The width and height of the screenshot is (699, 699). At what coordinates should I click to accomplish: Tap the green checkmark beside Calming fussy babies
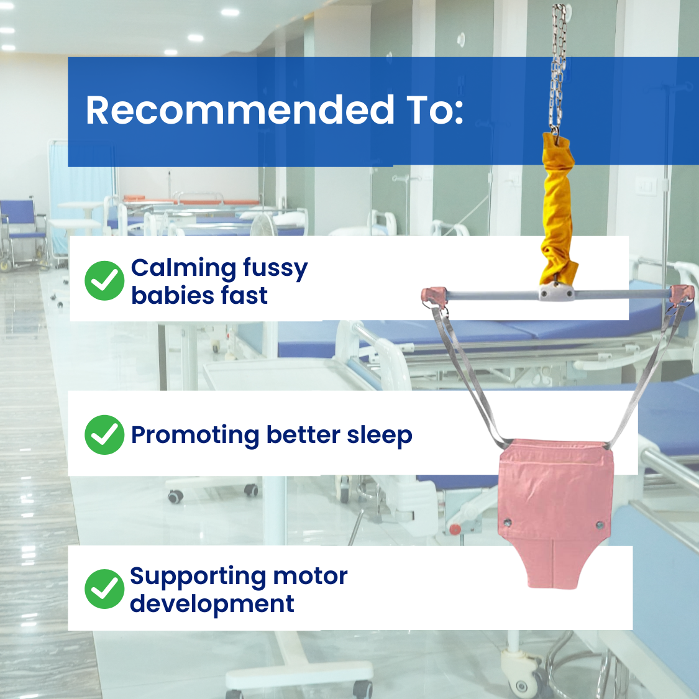(104, 280)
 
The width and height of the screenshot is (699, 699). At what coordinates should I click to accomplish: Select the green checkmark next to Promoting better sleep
(104, 435)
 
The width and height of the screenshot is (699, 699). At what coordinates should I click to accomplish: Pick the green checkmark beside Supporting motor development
(104, 589)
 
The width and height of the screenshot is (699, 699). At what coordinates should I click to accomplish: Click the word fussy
(275, 269)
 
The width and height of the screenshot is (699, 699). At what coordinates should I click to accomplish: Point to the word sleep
(380, 436)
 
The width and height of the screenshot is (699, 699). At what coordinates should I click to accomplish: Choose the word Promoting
(195, 436)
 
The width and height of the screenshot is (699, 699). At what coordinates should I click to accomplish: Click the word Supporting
(198, 577)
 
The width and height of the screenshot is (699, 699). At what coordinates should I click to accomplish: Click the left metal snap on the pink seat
(507, 523)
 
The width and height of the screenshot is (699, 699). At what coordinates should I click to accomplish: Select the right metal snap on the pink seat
(600, 525)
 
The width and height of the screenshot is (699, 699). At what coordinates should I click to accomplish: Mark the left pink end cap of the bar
(434, 295)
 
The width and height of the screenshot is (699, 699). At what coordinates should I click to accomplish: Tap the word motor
(310, 577)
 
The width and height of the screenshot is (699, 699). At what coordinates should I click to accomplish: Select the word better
(303, 435)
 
